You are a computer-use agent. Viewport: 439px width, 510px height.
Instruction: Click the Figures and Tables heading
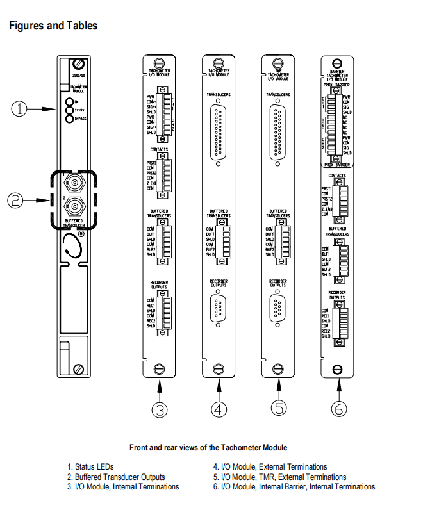pos(53,26)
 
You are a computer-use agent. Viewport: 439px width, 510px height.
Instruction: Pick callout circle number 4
pos(219,407)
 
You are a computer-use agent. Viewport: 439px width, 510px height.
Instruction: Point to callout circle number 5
pos(278,407)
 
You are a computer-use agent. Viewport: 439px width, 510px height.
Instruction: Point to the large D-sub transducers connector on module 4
pos(219,133)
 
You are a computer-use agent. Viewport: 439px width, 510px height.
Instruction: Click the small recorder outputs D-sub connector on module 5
pos(278,310)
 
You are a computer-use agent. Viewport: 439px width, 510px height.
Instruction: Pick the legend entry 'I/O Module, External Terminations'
pos(270,467)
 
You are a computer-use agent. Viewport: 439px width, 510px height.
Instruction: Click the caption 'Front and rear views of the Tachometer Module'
pos(208,447)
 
